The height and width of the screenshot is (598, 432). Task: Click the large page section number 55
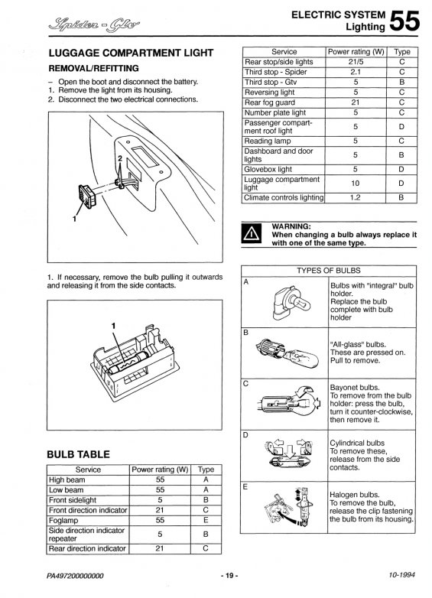(x=404, y=21)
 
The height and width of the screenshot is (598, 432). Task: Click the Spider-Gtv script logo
(x=94, y=25)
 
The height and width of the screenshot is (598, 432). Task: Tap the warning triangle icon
(x=252, y=233)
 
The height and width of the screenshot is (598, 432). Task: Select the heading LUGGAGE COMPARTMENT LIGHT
(x=131, y=53)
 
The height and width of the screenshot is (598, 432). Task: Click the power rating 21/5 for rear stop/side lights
(x=356, y=62)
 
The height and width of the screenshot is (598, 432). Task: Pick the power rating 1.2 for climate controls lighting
(x=355, y=197)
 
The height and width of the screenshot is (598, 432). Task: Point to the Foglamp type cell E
(x=206, y=520)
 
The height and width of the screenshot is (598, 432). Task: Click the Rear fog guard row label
(x=270, y=102)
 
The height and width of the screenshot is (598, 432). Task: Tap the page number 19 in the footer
(x=229, y=576)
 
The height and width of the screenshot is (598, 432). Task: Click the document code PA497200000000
(x=75, y=576)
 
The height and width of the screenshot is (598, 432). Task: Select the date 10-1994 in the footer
(x=401, y=574)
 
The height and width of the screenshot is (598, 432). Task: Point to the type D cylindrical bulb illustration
(x=290, y=455)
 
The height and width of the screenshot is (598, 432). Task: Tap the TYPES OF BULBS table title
(x=328, y=271)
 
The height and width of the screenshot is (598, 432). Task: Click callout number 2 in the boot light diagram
(x=120, y=158)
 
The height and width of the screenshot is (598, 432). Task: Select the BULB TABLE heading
(x=78, y=454)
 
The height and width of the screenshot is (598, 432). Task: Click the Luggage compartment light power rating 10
(x=355, y=184)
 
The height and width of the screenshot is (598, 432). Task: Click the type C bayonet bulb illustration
(x=289, y=402)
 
